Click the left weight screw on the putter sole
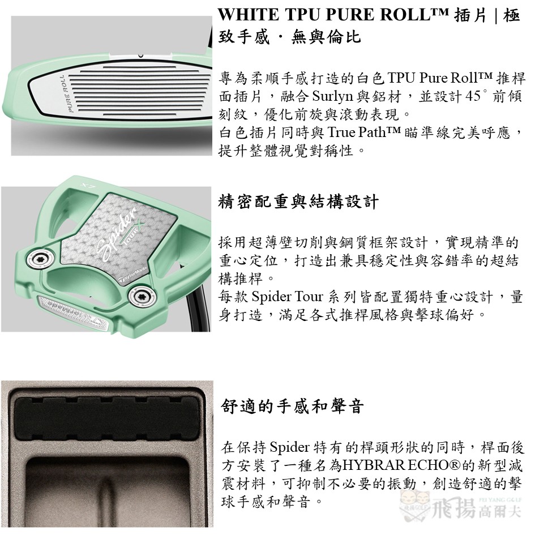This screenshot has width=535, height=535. click(41, 258)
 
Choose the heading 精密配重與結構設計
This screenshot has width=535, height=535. click(298, 202)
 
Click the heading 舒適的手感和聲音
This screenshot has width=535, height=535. click(292, 406)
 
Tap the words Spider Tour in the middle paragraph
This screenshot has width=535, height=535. click(287, 297)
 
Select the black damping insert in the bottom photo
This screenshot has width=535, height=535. click(107, 418)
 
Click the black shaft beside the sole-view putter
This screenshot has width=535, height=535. click(198, 300)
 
